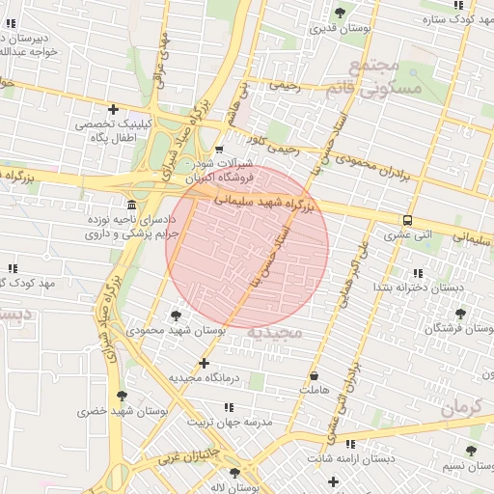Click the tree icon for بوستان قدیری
tap(339, 12)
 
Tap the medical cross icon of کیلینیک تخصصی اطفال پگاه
tap(114, 109)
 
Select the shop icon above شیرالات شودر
tap(219, 149)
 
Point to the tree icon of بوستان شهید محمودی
tap(175, 315)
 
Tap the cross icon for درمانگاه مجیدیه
tap(203, 363)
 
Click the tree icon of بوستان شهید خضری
tap(121, 396)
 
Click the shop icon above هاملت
tap(315, 375)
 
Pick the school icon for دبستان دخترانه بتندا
tap(417, 273)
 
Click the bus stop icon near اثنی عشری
tap(407, 219)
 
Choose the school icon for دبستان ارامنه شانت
tap(349, 444)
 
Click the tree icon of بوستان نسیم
tap(470, 451)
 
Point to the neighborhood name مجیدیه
tap(275, 332)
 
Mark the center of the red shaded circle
tap(247, 247)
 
